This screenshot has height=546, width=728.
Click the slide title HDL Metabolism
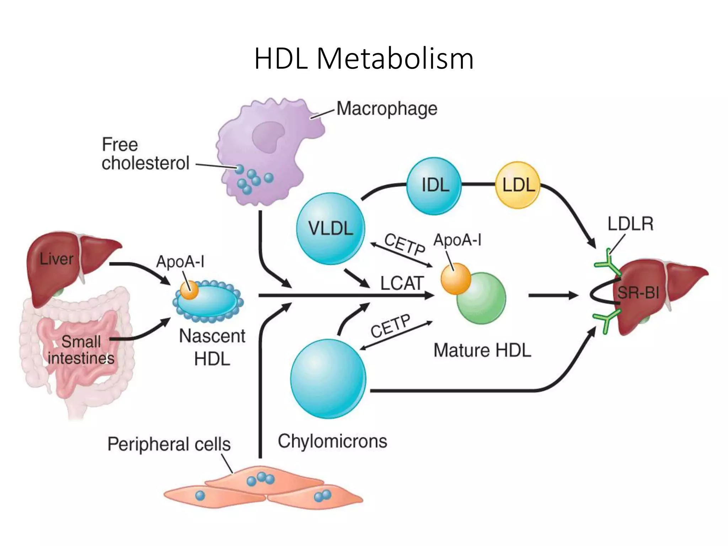[364, 59]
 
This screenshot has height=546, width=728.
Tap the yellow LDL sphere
[518, 185]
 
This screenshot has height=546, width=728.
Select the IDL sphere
[434, 186]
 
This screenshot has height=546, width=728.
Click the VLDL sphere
[331, 229]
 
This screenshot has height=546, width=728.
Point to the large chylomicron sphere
[328, 379]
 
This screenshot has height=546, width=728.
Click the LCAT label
[402, 283]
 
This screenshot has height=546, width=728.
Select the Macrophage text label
[387, 108]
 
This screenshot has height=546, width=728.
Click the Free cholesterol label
[145, 154]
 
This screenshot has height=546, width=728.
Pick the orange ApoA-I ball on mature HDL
[455, 279]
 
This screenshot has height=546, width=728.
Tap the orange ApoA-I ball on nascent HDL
[189, 290]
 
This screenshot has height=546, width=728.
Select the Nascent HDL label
[212, 347]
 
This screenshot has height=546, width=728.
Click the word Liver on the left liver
[56, 259]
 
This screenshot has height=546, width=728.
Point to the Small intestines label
[81, 350]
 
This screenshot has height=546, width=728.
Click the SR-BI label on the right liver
[638, 293]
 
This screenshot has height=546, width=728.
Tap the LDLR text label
[630, 224]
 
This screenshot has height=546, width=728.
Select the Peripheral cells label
[169, 444]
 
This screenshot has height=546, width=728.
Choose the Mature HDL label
[482, 350]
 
